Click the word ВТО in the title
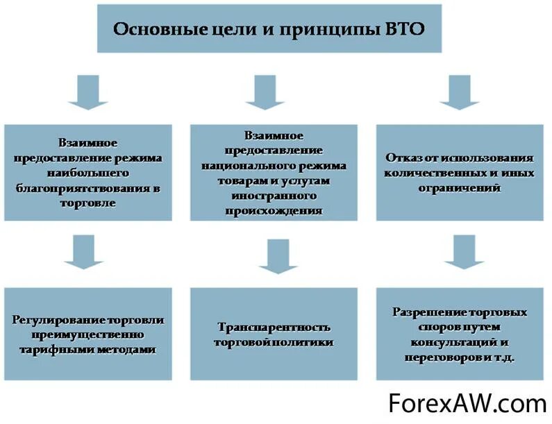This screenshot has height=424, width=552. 402,30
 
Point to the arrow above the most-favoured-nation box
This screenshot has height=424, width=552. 87,93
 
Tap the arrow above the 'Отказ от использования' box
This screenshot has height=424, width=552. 460,93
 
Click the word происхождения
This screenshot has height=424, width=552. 274,211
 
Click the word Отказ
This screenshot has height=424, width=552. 401,158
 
